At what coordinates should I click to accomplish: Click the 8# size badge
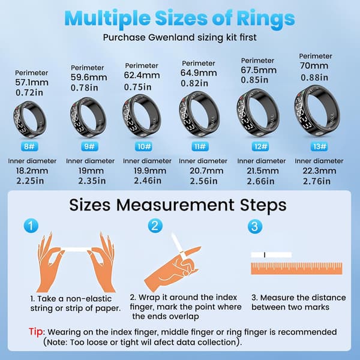[29, 146]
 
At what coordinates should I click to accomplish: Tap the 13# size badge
[319, 146]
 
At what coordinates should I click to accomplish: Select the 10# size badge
[143, 146]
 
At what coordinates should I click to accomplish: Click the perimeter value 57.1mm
[32, 82]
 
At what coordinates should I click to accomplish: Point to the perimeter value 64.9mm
[199, 73]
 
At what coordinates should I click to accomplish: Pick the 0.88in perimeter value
[314, 77]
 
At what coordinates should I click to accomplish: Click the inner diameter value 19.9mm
[150, 171]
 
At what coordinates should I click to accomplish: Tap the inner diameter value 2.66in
[260, 181]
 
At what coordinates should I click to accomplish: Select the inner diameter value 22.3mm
[319, 171]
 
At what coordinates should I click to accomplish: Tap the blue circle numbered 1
[31, 226]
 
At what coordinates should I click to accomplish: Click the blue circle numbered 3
[255, 226]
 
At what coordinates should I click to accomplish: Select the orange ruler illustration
[296, 268]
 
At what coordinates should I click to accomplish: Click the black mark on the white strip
[265, 255]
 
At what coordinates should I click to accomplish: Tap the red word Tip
[36, 332]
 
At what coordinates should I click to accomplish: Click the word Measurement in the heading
[175, 205]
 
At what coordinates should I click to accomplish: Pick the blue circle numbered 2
[155, 226]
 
